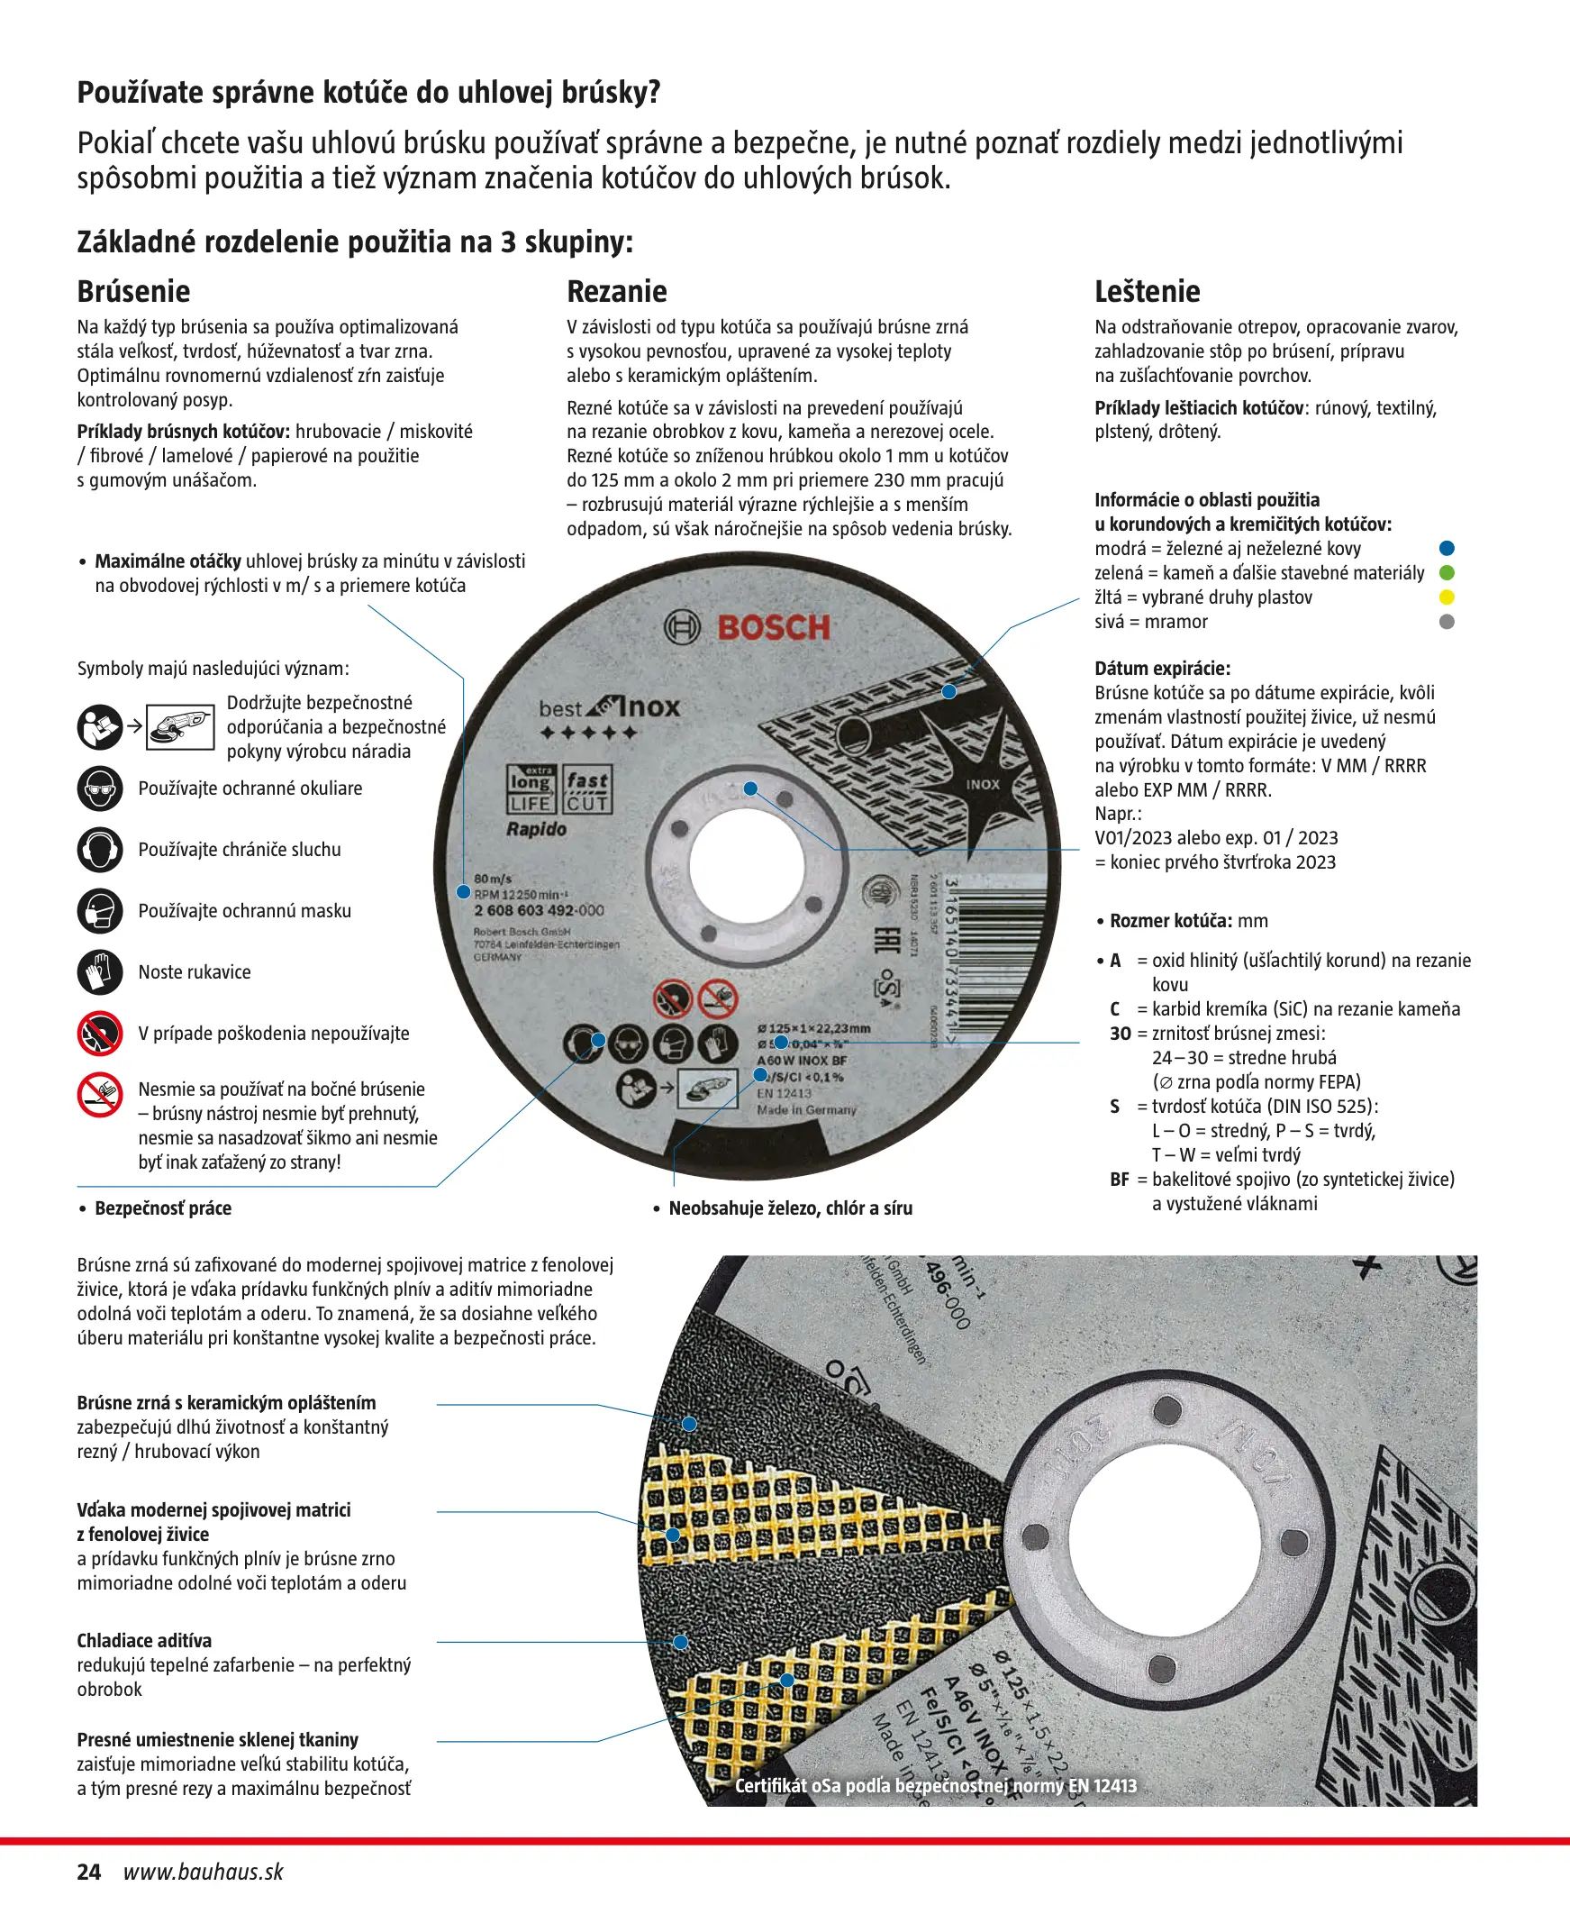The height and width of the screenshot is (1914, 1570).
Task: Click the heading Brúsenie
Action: [x=133, y=291]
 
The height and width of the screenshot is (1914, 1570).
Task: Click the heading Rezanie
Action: [x=617, y=291]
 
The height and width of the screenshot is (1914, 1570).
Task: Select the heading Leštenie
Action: [x=1147, y=291]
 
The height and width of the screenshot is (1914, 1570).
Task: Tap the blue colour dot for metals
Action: [x=1446, y=548]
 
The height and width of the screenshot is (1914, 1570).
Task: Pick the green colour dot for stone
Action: [x=1446, y=572]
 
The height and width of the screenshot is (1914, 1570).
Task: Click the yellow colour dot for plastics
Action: [x=1446, y=597]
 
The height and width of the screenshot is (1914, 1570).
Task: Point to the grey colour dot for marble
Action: [x=1446, y=622]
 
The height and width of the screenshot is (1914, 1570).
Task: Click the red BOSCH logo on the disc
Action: [x=773, y=628]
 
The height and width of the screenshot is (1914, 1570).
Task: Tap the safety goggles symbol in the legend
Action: [x=99, y=788]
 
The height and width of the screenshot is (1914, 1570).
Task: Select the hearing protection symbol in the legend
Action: [x=99, y=850]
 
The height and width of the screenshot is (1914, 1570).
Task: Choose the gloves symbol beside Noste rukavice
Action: [x=99, y=972]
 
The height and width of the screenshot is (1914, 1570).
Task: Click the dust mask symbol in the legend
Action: [x=99, y=911]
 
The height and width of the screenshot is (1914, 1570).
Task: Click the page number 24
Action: [x=88, y=1872]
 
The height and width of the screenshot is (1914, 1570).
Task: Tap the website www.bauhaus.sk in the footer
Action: [x=204, y=1872]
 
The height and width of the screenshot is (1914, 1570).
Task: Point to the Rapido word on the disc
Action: [x=536, y=829]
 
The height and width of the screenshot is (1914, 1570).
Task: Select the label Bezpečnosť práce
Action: [x=163, y=1208]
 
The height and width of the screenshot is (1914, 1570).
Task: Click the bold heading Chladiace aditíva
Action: [x=144, y=1641]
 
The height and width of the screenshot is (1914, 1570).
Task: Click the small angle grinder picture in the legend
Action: [x=180, y=726]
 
